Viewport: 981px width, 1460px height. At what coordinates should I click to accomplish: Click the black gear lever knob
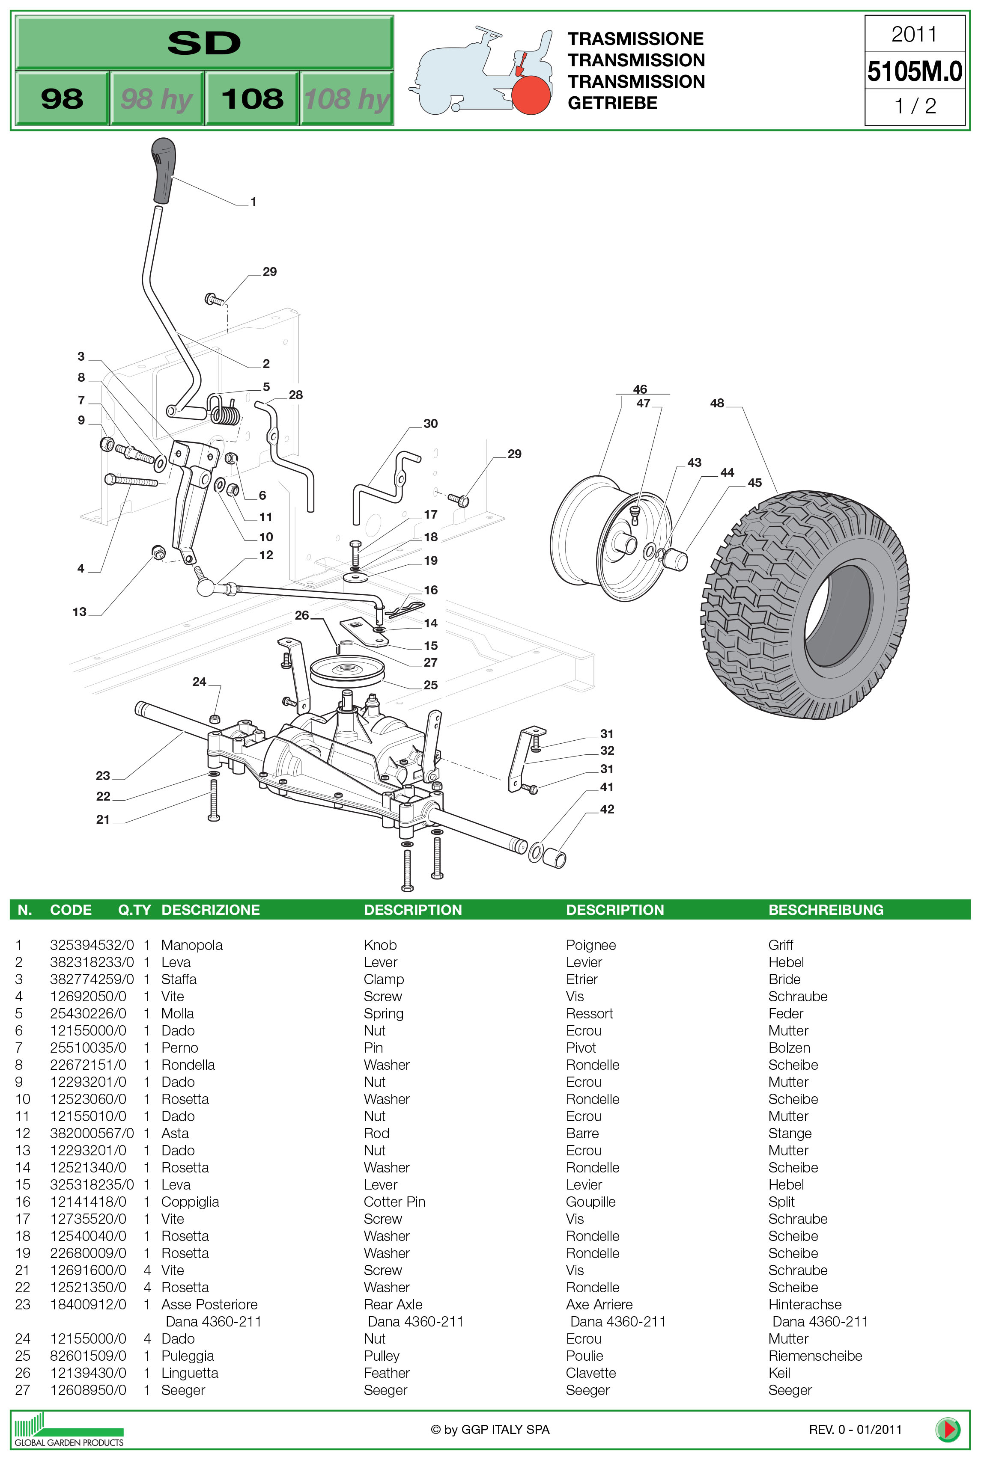pos(163,170)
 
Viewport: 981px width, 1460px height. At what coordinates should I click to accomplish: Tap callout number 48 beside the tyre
pos(717,404)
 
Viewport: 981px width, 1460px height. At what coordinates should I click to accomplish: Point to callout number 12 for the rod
pos(266,555)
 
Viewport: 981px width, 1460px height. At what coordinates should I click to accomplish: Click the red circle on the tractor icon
pos(531,95)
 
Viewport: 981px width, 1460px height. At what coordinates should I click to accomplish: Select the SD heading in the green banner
pos(204,42)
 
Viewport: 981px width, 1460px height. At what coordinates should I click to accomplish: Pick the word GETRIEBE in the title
pos(612,103)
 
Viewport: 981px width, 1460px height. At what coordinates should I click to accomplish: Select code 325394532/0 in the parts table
pos(91,945)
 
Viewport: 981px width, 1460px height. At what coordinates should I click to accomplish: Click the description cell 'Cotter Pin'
pos(394,1202)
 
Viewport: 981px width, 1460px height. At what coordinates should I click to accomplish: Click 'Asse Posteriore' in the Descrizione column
pos(209,1304)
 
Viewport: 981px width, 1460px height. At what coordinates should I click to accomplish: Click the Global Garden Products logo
pos(69,1429)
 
